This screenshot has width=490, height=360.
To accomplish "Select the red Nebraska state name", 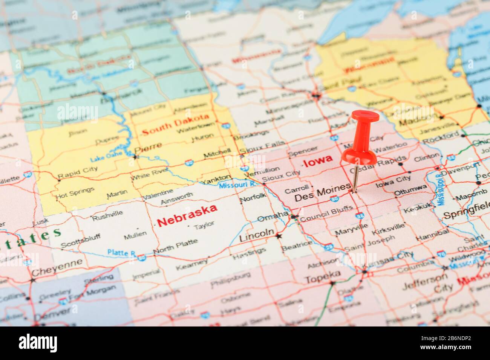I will click(x=187, y=215).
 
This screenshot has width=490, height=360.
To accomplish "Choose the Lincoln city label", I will click(x=257, y=235).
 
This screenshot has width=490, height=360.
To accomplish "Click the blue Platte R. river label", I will click(x=121, y=253).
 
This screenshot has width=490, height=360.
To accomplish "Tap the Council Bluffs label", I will click(x=327, y=212).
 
